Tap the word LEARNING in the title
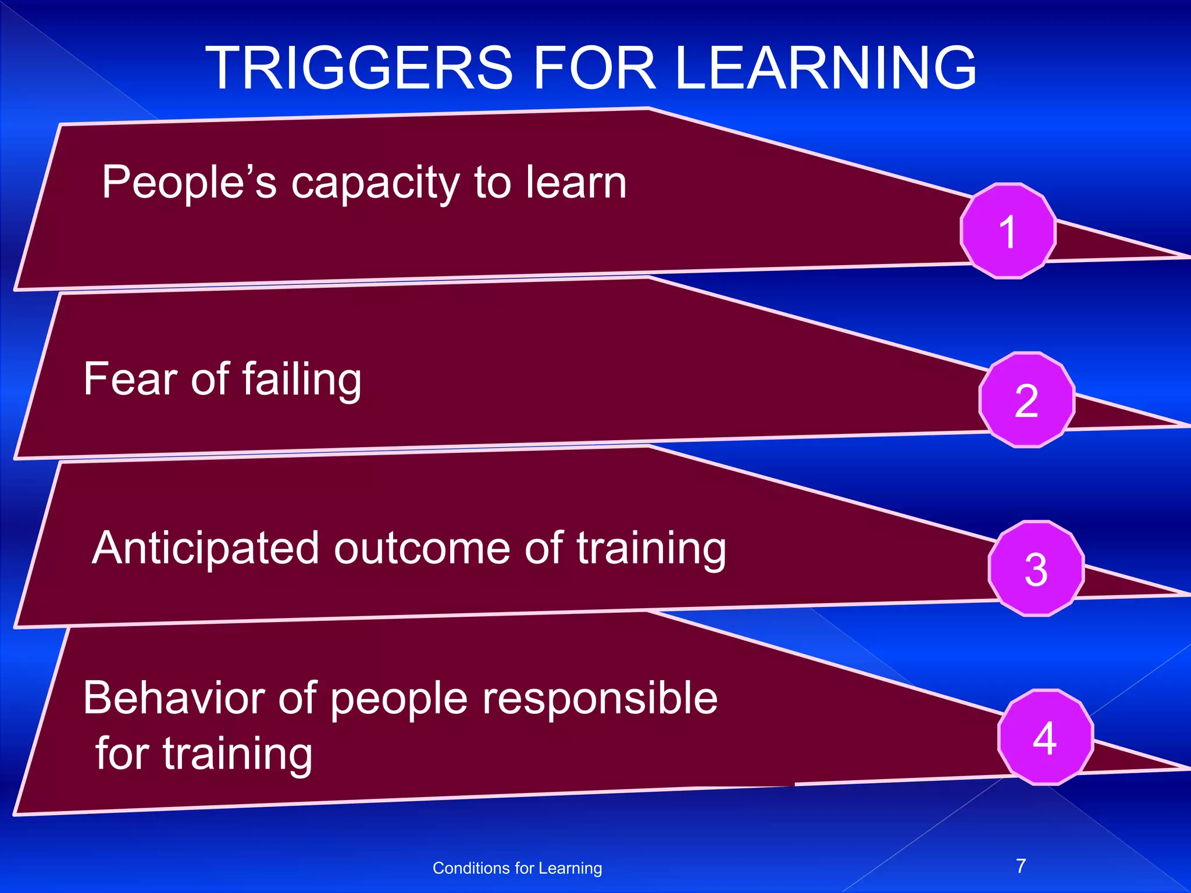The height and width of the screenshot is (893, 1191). pyautogui.click(x=825, y=69)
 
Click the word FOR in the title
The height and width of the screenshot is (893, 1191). pyautogui.click(x=594, y=69)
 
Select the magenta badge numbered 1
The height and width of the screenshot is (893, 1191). pyautogui.click(x=1008, y=231)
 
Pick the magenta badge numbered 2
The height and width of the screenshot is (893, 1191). pyautogui.click(x=1026, y=400)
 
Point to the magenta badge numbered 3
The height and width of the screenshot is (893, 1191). pyautogui.click(x=1036, y=569)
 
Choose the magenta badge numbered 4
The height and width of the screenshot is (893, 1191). pyautogui.click(x=1045, y=737)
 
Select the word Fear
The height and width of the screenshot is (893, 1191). pyautogui.click(x=130, y=379)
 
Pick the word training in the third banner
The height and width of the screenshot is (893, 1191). pyautogui.click(x=651, y=549)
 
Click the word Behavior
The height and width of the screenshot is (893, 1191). pyautogui.click(x=174, y=698)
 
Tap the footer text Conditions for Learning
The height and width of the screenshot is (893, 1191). pyautogui.click(x=517, y=868)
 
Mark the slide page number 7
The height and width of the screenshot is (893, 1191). pyautogui.click(x=1021, y=866)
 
